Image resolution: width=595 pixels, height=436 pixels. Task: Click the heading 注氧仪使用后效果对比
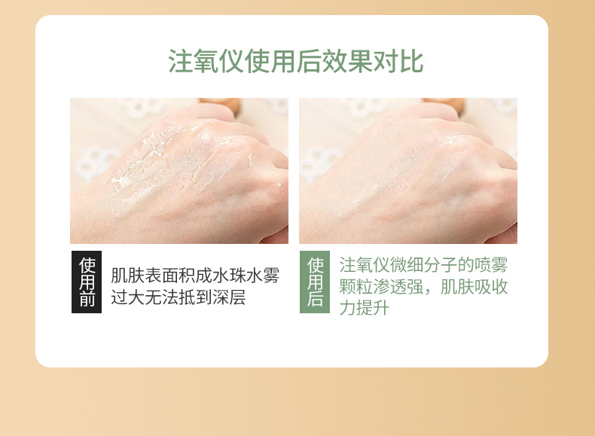[295, 62]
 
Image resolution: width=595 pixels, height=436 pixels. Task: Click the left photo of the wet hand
[179, 171]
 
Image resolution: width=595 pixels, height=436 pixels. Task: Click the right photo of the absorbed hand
[407, 171]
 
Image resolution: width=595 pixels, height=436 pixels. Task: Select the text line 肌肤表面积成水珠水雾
[195, 276]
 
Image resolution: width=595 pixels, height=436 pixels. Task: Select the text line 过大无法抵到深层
[178, 297]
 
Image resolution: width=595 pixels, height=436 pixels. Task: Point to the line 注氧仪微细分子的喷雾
[423, 265]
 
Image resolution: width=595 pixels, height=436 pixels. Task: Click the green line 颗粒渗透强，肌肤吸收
[423, 287]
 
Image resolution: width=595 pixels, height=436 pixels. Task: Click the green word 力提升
[364, 308]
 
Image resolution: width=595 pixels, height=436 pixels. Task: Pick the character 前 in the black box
[87, 300]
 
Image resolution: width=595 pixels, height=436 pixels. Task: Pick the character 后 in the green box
[315, 300]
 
